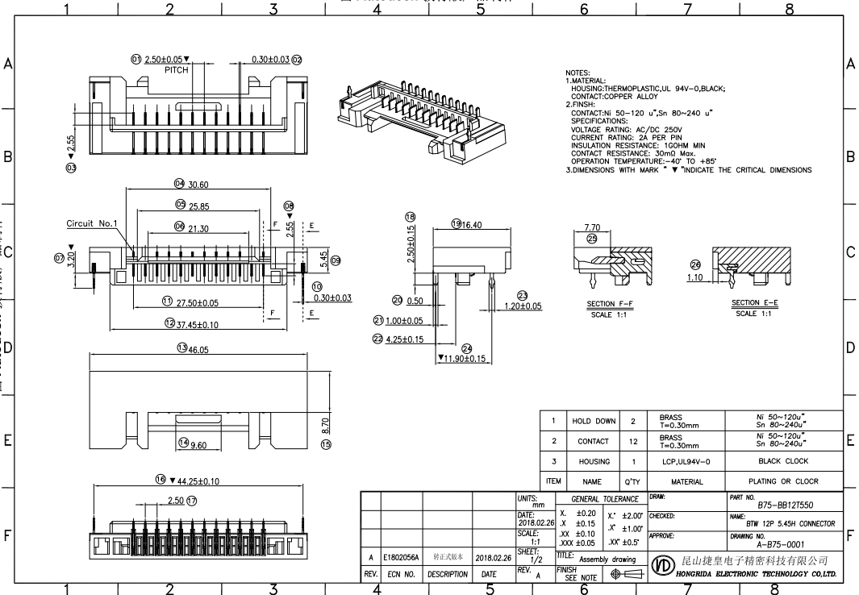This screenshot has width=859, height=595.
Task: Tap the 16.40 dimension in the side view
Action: coord(471,224)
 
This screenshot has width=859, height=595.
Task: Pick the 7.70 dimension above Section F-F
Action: coord(592,228)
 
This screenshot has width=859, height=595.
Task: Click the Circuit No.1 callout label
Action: coord(92,223)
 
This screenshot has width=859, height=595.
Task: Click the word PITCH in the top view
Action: coord(177,70)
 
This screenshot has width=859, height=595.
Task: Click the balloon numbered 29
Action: coord(592,239)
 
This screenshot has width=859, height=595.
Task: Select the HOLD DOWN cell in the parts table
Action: coord(593,421)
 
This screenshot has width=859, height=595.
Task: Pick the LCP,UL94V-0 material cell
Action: coord(687,462)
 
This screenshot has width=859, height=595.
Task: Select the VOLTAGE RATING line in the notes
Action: coord(626,129)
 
